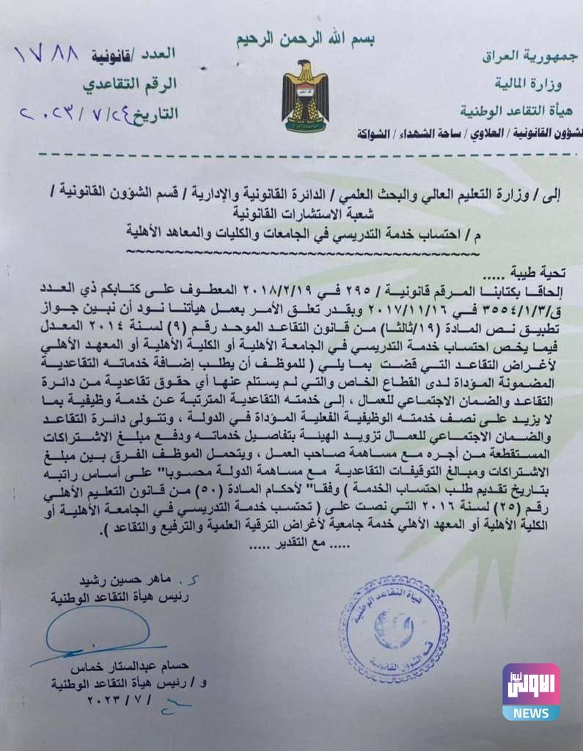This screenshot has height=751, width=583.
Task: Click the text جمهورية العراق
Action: click(529, 56)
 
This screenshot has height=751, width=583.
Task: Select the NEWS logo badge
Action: click(531, 692)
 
